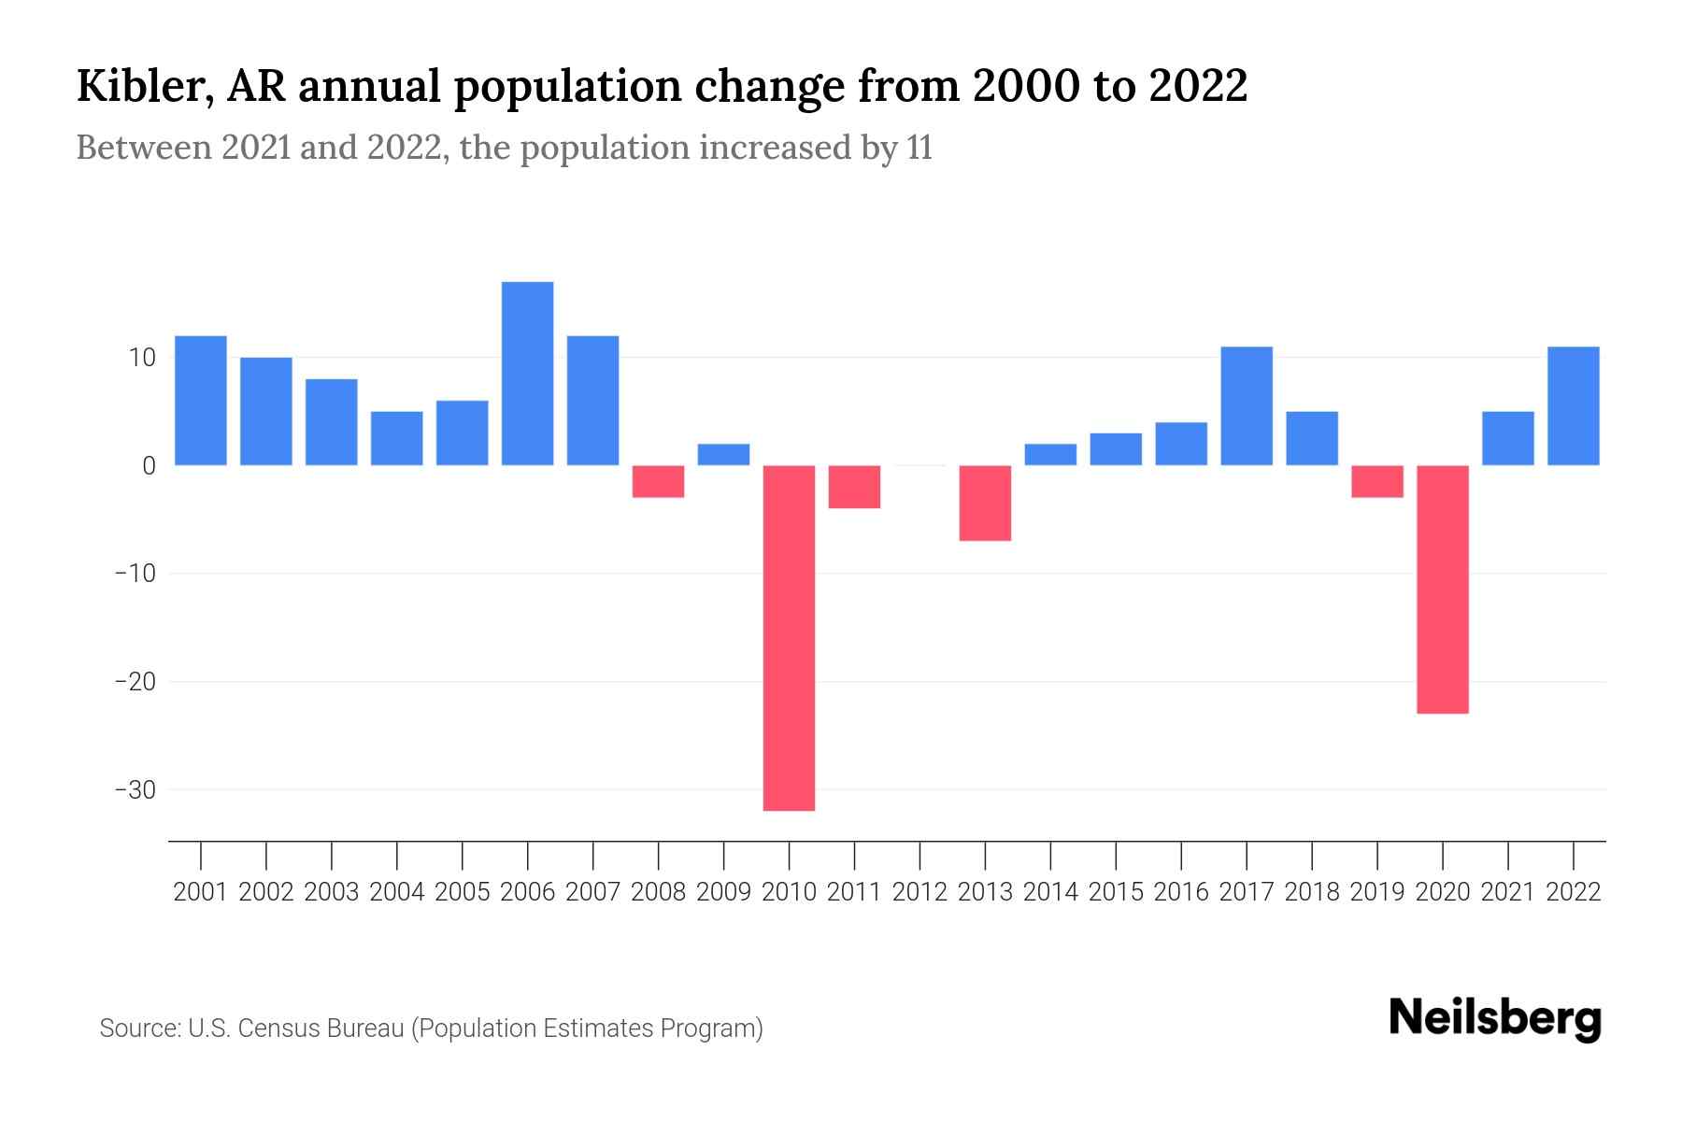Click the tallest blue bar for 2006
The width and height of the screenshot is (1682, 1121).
pyautogui.click(x=527, y=374)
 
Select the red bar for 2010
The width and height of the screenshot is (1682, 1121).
pyautogui.click(x=789, y=638)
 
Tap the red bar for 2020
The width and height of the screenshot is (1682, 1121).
pyautogui.click(x=1442, y=589)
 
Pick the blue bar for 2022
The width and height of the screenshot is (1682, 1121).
pyautogui.click(x=1573, y=406)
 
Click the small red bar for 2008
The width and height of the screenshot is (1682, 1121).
pyautogui.click(x=658, y=481)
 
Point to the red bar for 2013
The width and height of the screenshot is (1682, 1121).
pyautogui.click(x=985, y=503)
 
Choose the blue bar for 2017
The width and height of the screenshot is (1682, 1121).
pyautogui.click(x=1246, y=406)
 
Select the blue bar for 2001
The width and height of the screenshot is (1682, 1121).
pyautogui.click(x=201, y=401)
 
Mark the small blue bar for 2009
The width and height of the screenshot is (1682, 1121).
pyautogui.click(x=723, y=454)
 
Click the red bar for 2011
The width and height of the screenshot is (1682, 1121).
pyautogui.click(x=854, y=487)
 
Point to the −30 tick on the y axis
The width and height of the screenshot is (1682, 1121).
pyautogui.click(x=135, y=790)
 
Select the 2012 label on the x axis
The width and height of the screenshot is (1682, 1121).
pyautogui.click(x=919, y=892)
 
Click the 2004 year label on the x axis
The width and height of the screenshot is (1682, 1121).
pyautogui.click(x=396, y=892)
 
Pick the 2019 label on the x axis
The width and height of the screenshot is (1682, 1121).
pyautogui.click(x=1376, y=892)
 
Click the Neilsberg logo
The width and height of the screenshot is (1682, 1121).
pyautogui.click(x=1495, y=1018)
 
